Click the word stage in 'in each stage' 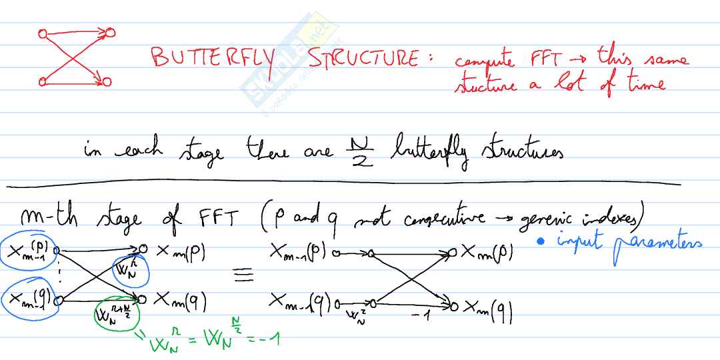coord(201,151)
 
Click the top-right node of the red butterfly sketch coord(111,31)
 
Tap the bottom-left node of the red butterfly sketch coord(43,81)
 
